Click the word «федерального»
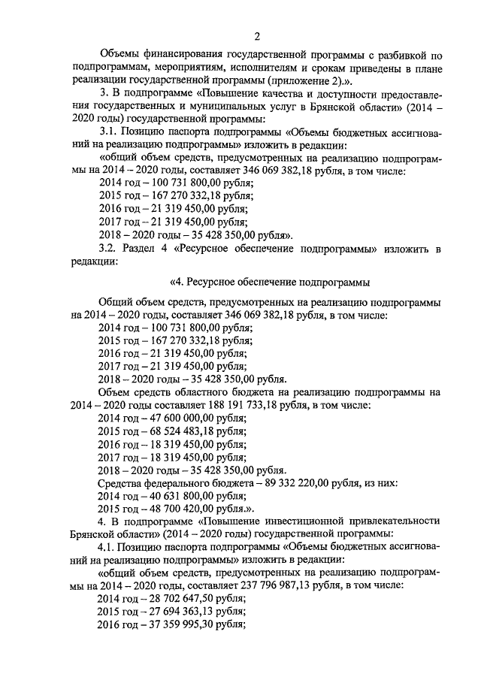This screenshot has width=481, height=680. tap(189, 482)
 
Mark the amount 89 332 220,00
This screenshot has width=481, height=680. tap(300, 482)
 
